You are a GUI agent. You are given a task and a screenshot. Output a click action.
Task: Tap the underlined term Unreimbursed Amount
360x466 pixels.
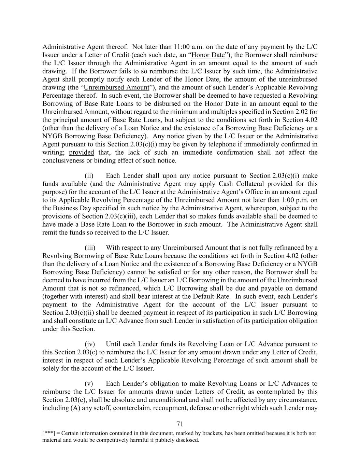116,87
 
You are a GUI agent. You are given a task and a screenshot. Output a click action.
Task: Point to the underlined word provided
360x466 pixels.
81,152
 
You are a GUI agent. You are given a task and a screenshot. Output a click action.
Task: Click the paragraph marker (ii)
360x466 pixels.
89,176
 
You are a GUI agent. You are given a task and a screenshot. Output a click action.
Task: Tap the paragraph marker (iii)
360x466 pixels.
90,248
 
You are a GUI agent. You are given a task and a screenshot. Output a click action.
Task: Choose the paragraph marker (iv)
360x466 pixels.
89,344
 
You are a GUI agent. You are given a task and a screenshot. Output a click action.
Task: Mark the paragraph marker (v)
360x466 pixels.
89,384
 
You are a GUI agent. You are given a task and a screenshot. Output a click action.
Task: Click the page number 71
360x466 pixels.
180,424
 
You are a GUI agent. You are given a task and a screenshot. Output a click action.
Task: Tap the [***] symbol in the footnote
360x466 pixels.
47,434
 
